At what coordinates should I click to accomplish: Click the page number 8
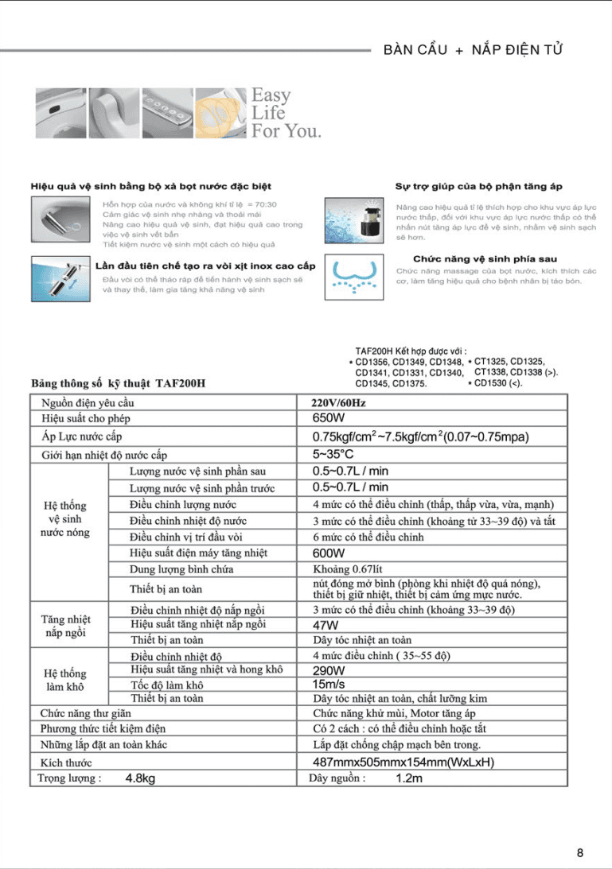580,854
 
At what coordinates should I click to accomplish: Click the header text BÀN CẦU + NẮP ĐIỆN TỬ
473,50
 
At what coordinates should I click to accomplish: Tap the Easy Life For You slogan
286,114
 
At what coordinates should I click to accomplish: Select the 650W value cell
329,418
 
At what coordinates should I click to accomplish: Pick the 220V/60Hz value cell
339,402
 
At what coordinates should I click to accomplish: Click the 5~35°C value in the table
333,454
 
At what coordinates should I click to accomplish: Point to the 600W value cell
329,553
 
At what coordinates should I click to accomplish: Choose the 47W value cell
325,625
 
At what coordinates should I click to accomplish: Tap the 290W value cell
329,670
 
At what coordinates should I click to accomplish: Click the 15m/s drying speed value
329,684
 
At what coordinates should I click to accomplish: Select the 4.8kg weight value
140,778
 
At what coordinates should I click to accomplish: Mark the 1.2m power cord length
409,778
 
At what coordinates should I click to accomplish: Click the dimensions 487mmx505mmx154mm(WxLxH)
403,762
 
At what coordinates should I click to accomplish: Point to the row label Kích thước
67,762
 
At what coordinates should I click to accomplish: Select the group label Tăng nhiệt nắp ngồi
66,626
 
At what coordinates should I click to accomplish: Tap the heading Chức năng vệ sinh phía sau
485,259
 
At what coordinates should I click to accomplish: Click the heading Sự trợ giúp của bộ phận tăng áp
478,186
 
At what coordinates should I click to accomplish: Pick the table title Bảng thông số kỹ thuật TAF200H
118,383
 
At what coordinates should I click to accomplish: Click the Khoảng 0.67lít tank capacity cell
348,569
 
